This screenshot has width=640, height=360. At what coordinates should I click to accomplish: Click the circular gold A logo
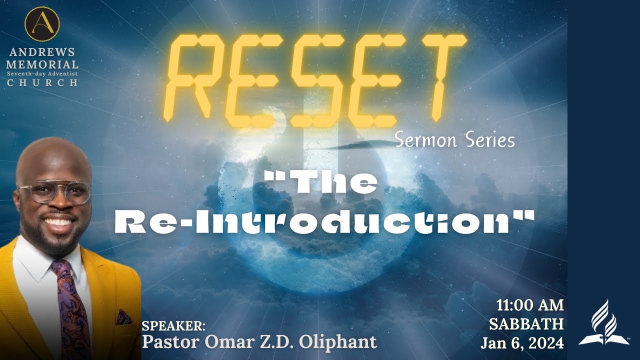42,24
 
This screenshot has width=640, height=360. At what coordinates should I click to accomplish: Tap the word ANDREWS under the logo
42,52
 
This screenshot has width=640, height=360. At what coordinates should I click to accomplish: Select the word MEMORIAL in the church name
42,64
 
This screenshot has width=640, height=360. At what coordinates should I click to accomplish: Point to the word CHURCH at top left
42,82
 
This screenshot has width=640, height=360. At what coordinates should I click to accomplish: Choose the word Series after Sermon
490,140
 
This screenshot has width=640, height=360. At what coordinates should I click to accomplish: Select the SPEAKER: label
173,326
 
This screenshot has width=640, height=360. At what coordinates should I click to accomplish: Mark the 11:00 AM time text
529,305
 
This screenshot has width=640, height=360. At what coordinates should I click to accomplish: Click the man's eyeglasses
54,192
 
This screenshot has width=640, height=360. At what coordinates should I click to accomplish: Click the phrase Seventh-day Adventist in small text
42,73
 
